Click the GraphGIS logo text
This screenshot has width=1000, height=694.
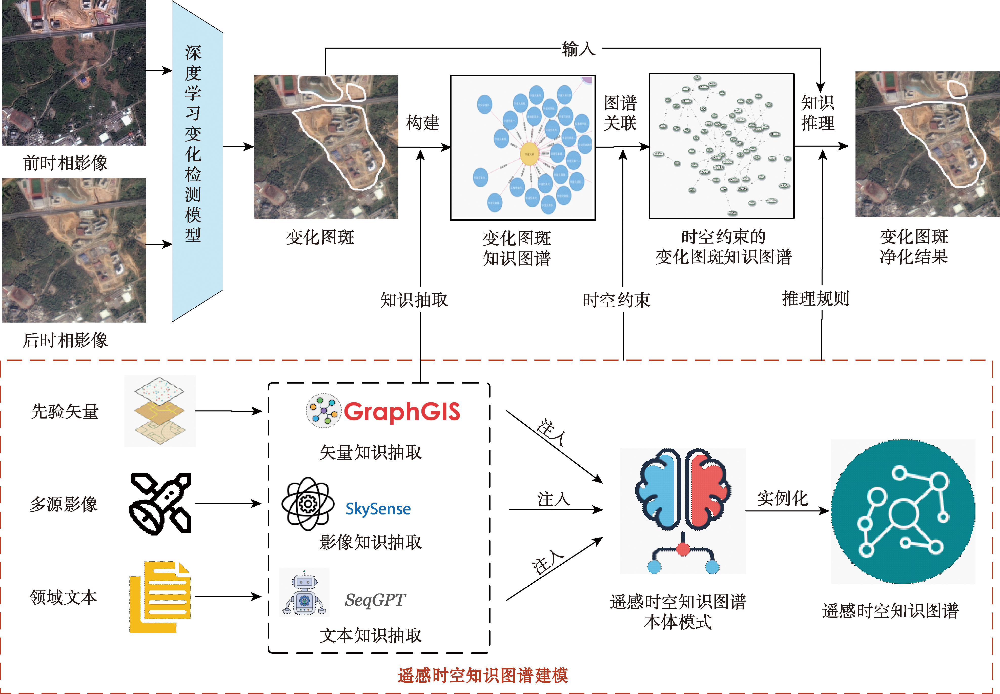click(x=402, y=411)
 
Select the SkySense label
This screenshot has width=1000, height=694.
click(x=378, y=509)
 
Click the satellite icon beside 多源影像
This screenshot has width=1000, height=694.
click(x=160, y=504)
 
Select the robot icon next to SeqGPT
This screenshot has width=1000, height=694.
click(x=304, y=592)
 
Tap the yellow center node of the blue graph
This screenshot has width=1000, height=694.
click(x=529, y=154)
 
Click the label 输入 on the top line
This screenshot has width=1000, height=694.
click(x=578, y=49)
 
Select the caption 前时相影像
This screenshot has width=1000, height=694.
click(x=65, y=163)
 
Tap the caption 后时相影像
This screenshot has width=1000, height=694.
click(x=65, y=340)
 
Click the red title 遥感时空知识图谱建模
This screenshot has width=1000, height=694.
click(x=482, y=675)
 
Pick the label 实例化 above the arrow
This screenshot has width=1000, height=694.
click(x=782, y=498)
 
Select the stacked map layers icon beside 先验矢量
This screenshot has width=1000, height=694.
click(x=160, y=411)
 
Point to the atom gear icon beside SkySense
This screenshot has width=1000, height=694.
click(x=308, y=504)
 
